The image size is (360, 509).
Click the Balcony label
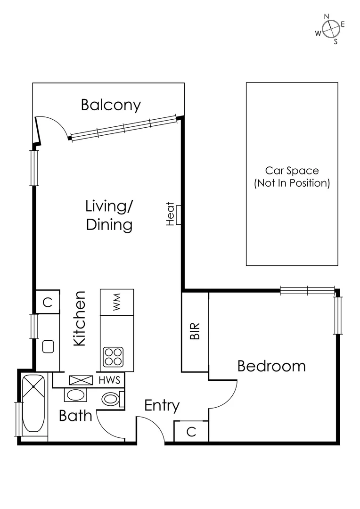point(111,105)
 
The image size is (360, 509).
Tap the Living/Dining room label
point(109,215)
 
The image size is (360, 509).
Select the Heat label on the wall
point(171,214)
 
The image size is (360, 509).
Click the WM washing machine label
point(117,302)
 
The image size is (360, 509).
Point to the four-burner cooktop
point(113,357)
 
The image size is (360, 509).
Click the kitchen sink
point(48,346)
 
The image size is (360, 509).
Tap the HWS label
point(110,380)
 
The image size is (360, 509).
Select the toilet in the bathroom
point(112,399)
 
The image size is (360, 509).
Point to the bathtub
point(33,403)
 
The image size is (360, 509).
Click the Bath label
point(75,416)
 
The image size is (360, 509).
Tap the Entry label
point(162,405)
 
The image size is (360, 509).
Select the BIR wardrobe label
point(195,331)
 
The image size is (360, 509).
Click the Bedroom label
point(271,366)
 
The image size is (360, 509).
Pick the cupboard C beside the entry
point(191,432)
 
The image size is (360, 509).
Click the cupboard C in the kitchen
point(47,302)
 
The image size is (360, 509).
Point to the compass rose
point(331,29)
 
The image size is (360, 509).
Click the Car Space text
point(292,177)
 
